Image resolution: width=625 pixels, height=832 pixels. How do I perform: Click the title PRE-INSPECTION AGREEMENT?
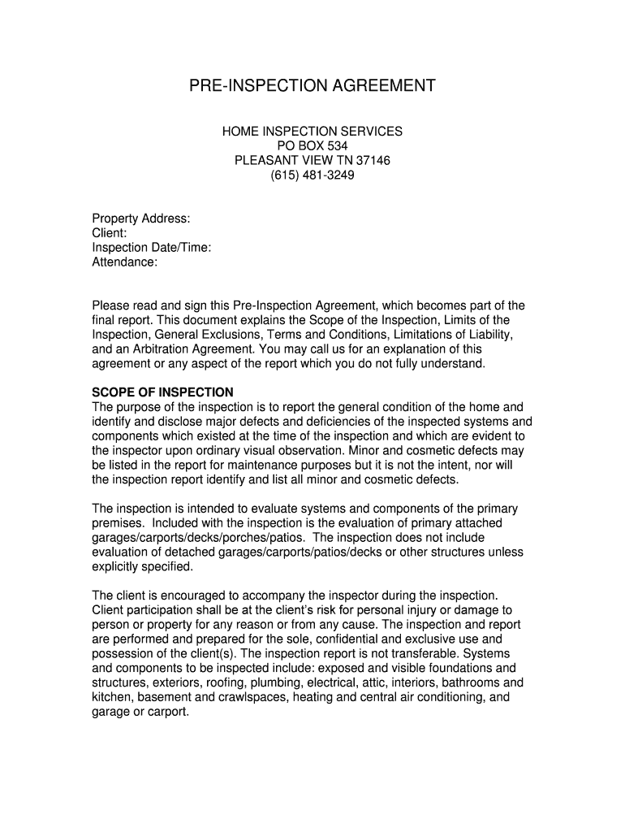(312, 86)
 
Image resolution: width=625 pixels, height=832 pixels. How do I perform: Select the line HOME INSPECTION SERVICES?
(312, 131)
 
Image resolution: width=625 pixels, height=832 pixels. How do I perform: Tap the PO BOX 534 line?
(312, 145)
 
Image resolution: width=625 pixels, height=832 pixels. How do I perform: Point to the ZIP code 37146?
(373, 160)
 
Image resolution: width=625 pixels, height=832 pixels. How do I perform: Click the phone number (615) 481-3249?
(312, 175)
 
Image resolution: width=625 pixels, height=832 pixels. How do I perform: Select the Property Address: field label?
(141, 219)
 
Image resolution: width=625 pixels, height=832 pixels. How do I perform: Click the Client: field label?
(109, 233)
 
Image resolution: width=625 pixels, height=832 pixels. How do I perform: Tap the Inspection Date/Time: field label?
(152, 248)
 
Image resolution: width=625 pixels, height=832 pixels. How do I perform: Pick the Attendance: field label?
(124, 262)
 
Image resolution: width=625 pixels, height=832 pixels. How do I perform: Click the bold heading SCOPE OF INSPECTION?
(162, 392)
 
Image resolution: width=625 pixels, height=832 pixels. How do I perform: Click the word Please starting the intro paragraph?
(111, 305)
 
